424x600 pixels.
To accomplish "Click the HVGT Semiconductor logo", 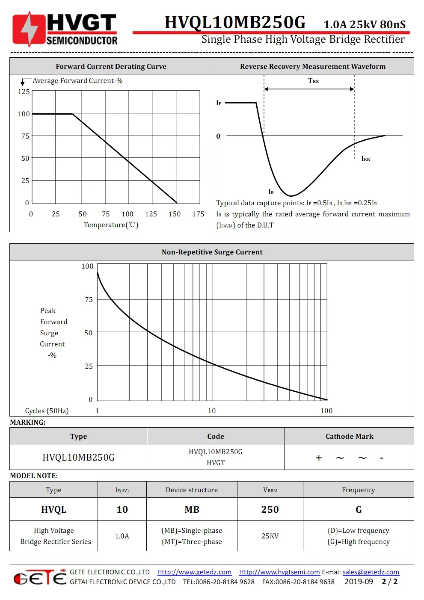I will [65, 29].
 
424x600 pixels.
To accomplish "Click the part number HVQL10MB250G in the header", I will [235, 22].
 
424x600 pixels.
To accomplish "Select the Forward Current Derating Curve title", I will [111, 66].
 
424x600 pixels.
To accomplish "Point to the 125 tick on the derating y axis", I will [24, 92].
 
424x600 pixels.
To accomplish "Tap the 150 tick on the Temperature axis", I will [175, 214].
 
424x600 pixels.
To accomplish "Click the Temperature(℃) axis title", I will [111, 225].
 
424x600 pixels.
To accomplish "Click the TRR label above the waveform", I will [313, 81].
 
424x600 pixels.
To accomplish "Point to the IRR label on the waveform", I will [365, 159].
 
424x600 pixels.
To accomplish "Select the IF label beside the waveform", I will [219, 103].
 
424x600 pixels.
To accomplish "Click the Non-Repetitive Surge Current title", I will [212, 252].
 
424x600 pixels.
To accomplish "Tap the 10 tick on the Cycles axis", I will [212, 411].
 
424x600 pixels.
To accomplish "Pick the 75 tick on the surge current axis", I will [89, 299].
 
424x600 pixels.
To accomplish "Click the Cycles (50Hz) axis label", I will [47, 411].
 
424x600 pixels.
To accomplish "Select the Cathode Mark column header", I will [349, 436].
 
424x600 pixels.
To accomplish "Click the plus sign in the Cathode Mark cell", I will [319, 458].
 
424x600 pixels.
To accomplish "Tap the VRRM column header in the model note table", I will [270, 490].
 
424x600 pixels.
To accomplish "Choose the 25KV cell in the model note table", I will [270, 536].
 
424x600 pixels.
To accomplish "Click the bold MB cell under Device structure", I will [192, 509].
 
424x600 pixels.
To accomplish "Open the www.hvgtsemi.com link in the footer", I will [279, 572].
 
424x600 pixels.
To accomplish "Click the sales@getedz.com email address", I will [371, 572].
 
